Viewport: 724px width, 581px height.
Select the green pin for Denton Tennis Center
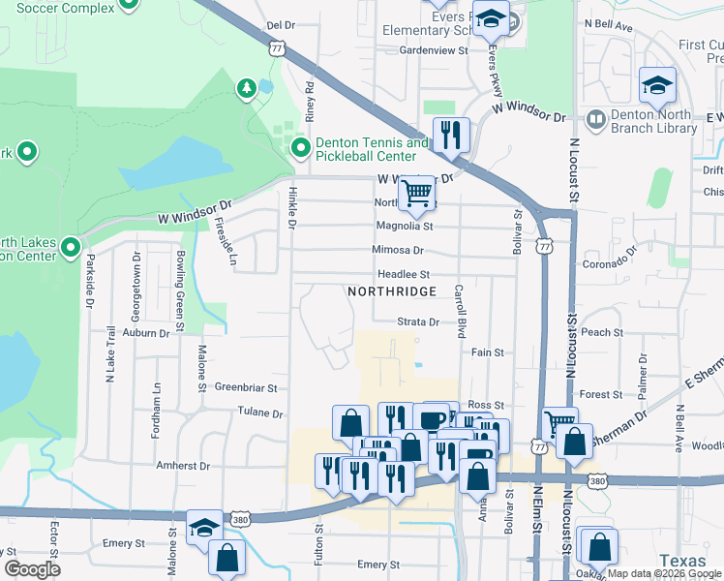point(301,148)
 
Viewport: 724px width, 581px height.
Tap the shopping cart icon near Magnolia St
point(416,192)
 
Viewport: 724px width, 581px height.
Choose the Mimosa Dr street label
point(398,250)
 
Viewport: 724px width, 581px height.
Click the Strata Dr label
point(418,321)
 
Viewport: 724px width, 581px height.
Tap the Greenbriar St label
point(246,387)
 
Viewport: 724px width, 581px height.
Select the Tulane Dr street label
point(259,413)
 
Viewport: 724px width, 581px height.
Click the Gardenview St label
point(434,49)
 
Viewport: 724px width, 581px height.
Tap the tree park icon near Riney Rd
point(247,90)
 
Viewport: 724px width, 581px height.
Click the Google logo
point(34,569)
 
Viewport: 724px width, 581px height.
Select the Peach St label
point(602,332)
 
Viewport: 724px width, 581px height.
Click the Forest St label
point(601,394)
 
